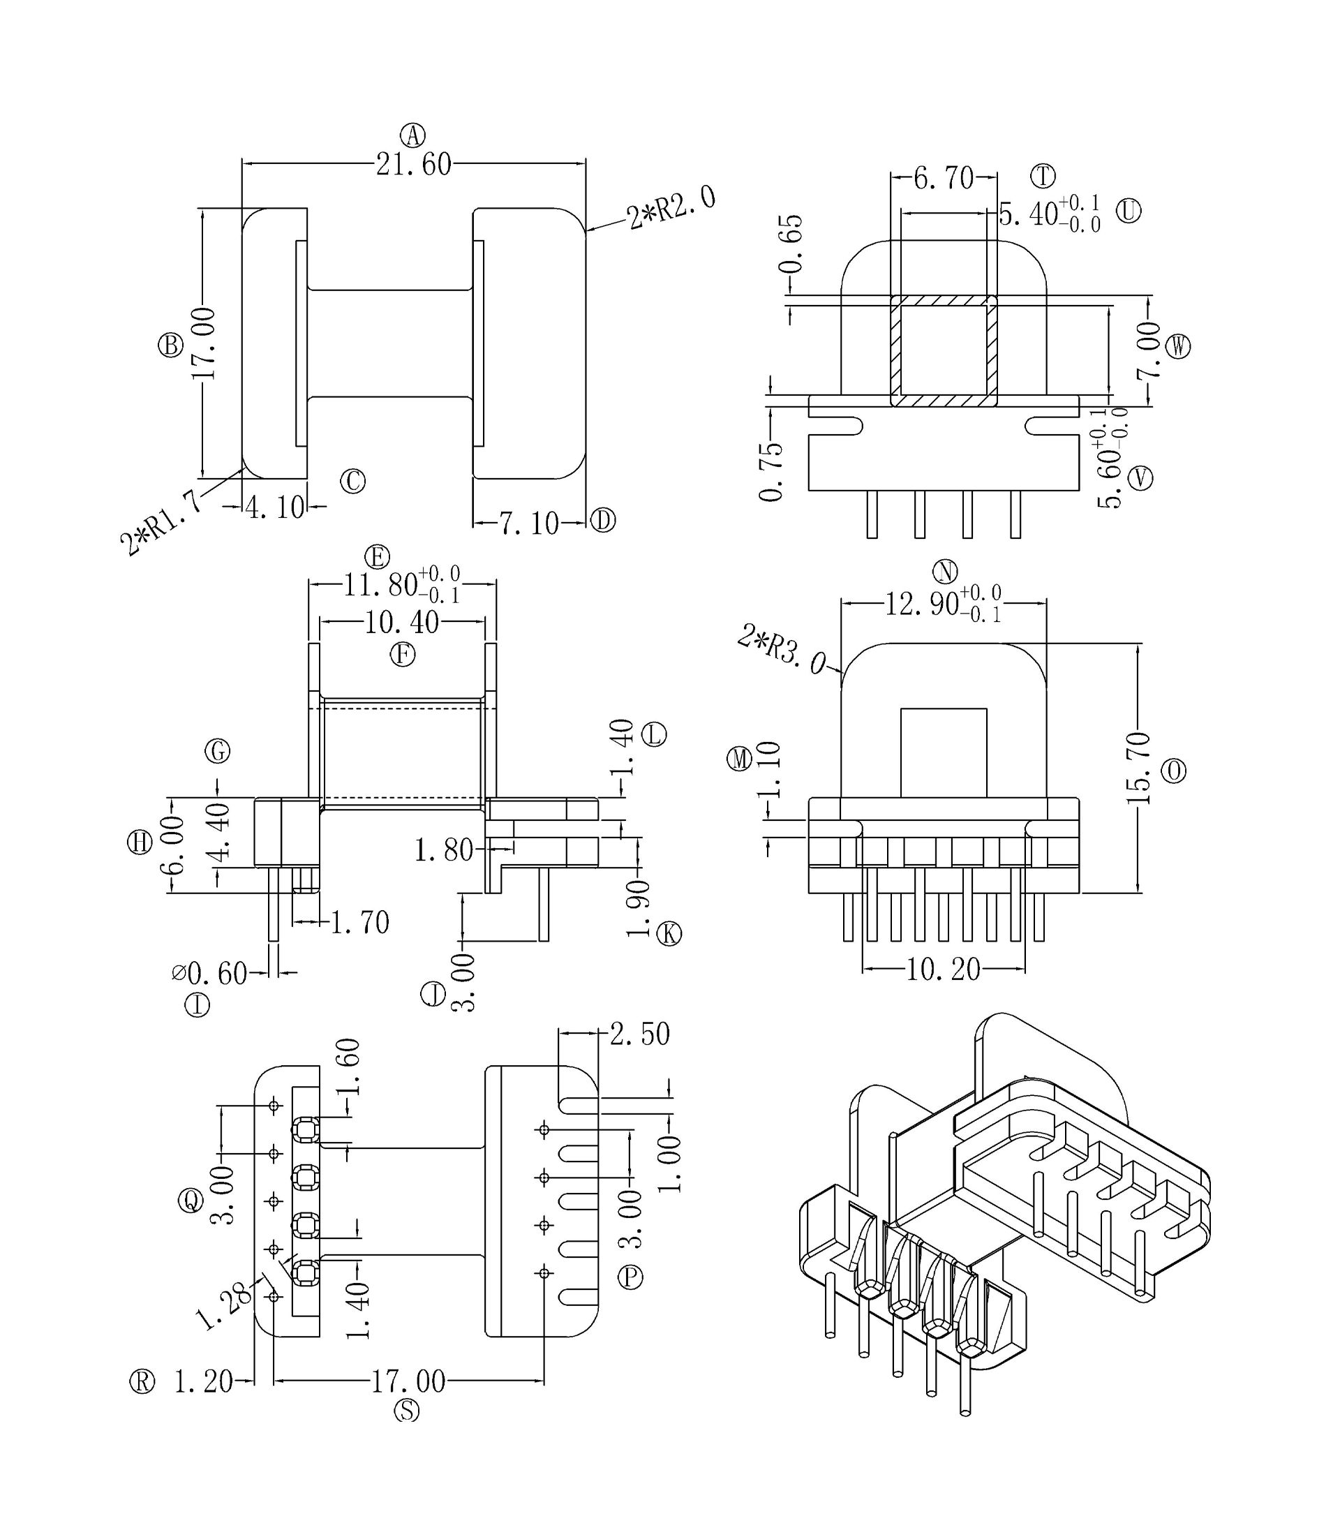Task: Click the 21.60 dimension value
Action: tap(413, 165)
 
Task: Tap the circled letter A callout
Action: tap(412, 136)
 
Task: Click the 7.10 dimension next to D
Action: tap(530, 524)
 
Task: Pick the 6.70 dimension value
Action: tap(944, 178)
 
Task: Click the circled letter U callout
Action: tap(1129, 211)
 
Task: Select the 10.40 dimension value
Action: tap(401, 623)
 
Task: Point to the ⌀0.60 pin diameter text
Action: tap(209, 973)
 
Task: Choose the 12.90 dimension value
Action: tap(922, 604)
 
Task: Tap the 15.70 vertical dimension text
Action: tap(1138, 768)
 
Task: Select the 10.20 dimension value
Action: tap(943, 970)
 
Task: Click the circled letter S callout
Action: tap(407, 1410)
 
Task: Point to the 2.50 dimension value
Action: tap(639, 1034)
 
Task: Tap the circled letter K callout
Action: tap(669, 933)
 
